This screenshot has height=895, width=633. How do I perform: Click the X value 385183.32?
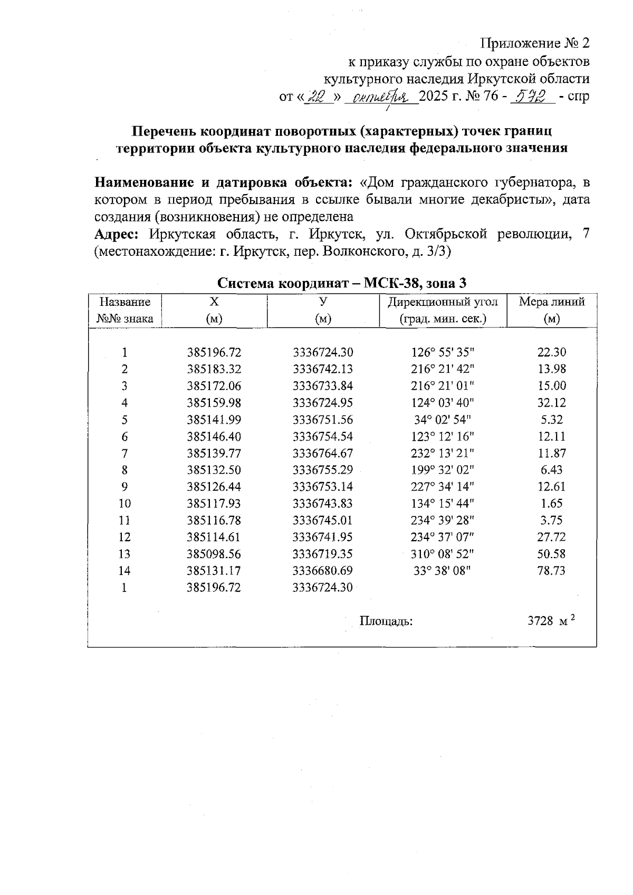pyautogui.click(x=214, y=369)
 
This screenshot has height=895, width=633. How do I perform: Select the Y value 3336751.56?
pyautogui.click(x=323, y=420)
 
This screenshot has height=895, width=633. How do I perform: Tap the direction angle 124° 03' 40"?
pyautogui.click(x=443, y=403)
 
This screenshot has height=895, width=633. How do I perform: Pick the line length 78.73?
pyautogui.click(x=551, y=571)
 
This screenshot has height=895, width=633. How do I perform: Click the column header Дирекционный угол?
pyautogui.click(x=443, y=302)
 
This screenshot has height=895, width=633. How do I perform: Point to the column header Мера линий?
pyautogui.click(x=552, y=302)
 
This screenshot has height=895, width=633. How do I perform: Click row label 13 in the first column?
pyautogui.click(x=124, y=554)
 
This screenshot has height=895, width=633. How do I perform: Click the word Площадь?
pyautogui.click(x=386, y=621)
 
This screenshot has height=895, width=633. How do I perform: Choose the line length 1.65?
pyautogui.click(x=551, y=504)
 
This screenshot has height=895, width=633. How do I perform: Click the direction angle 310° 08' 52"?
pyautogui.click(x=443, y=554)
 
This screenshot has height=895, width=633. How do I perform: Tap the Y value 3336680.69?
pyautogui.click(x=323, y=571)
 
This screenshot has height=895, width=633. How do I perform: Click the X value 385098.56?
pyautogui.click(x=214, y=554)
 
